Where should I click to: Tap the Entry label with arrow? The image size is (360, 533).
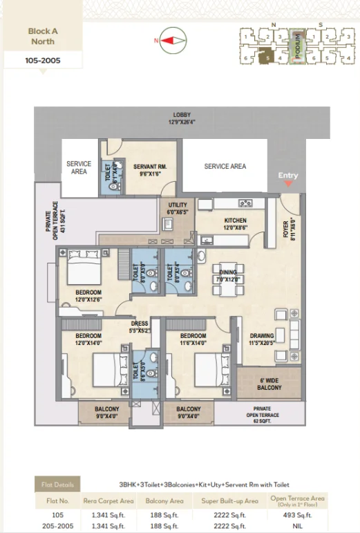288,178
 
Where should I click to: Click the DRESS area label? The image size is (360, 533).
140,326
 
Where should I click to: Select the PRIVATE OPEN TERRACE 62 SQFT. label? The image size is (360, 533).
260,416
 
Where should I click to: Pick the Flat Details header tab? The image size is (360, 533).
57,484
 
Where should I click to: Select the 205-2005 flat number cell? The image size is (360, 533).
57,525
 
